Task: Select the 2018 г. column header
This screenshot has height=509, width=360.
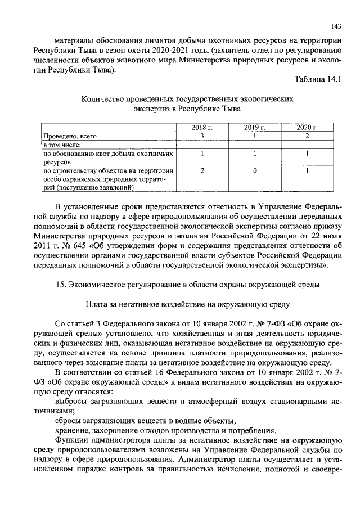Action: pos(201,128)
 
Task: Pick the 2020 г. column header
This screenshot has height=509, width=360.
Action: pos(307,128)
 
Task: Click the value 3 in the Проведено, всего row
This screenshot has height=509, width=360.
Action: pos(201,136)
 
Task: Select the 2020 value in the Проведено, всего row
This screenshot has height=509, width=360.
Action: pos(307,136)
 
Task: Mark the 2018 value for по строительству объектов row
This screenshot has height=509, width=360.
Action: pos(201,170)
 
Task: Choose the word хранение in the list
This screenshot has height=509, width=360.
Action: pos(74,430)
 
